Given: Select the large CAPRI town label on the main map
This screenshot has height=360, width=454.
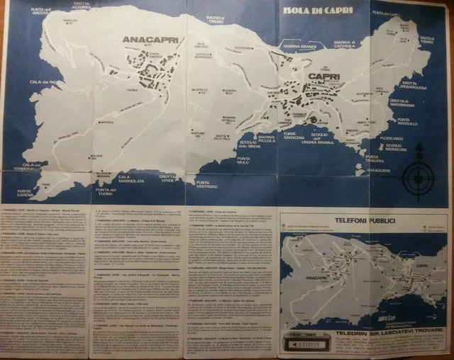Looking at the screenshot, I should [323, 77].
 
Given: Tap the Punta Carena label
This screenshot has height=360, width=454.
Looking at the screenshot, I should [25, 192].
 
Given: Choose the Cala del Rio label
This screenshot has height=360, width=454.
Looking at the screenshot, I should [45, 83].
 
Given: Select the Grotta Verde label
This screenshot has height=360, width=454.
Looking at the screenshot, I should [167, 179].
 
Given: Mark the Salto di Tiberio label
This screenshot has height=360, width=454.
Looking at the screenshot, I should [426, 40].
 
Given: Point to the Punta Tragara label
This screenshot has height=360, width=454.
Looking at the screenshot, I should [375, 158].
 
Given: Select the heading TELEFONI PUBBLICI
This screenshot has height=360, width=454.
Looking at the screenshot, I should [364, 220].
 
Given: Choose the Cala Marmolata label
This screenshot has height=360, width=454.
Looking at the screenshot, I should [131, 179].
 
